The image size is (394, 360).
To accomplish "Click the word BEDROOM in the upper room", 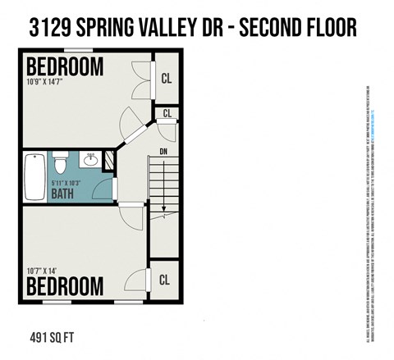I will pos(66,66).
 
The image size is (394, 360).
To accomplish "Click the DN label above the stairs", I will pos(163,151).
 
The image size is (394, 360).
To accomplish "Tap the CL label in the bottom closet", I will pos(165,280).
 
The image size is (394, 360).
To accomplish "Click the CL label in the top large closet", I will pos(165,80).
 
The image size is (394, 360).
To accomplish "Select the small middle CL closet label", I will pos(168,113).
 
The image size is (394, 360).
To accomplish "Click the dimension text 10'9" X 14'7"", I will pos(56,83).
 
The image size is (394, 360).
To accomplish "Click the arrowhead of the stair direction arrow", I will pos(164,210).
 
